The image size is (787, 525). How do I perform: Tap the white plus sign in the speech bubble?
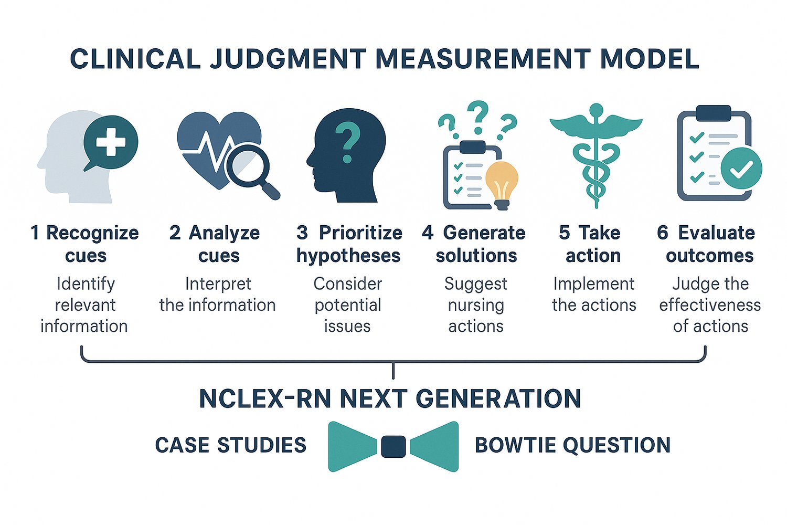(111, 142)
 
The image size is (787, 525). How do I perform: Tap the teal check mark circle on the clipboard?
(741, 169)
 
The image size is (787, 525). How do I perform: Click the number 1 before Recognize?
(35, 233)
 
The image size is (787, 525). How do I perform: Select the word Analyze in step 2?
(224, 233)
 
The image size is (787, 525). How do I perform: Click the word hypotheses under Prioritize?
(348, 256)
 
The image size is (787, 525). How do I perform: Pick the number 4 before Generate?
(428, 233)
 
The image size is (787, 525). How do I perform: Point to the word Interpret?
(218, 284)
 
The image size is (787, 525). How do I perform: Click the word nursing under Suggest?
(476, 305)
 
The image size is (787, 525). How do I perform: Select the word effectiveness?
(710, 305)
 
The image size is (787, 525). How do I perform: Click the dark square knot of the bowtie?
(393, 446)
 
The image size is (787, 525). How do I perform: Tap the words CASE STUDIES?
(230, 445)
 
